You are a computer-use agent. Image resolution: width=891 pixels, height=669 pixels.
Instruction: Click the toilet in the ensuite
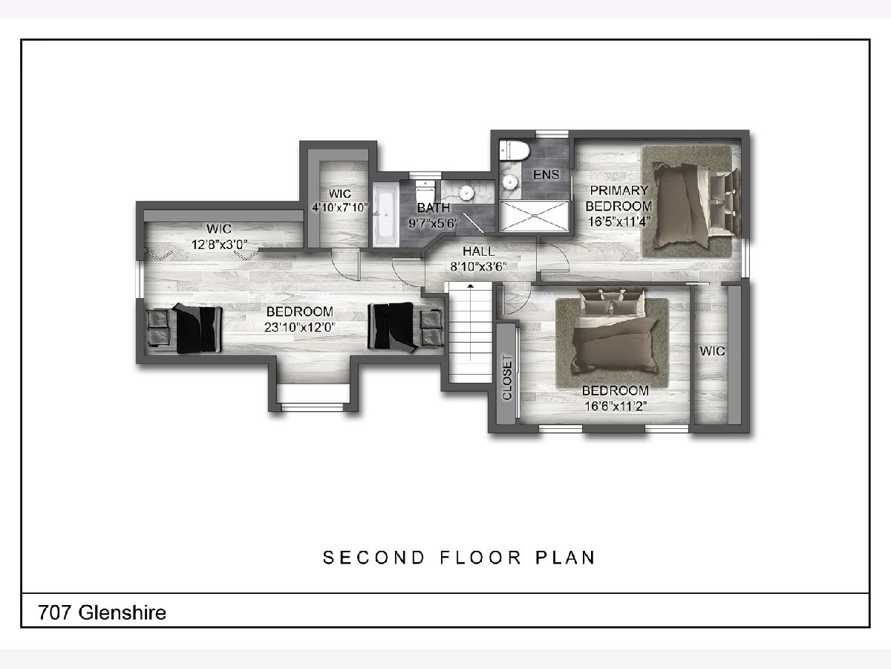click(515, 151)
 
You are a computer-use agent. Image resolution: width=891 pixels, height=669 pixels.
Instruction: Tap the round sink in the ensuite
click(509, 181)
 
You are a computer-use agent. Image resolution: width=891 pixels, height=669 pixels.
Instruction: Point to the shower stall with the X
click(534, 216)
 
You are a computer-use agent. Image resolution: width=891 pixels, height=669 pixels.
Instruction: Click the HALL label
click(479, 251)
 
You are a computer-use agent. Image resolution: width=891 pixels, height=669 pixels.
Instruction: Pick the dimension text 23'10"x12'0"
click(299, 327)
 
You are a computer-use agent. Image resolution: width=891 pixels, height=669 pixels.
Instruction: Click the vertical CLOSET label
click(507, 378)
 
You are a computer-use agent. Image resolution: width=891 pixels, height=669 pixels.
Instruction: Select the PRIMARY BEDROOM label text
click(619, 198)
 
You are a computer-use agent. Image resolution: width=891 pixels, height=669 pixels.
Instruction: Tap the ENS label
click(546, 175)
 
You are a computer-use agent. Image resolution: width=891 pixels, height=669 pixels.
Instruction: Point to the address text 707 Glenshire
click(102, 613)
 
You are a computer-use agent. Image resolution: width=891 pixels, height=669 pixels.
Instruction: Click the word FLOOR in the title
click(480, 557)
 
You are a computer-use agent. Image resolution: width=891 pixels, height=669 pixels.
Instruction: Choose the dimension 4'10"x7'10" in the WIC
click(340, 207)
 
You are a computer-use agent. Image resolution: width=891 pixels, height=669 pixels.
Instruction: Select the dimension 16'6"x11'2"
click(616, 406)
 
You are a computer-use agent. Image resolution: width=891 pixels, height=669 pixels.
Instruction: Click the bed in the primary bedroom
click(694, 203)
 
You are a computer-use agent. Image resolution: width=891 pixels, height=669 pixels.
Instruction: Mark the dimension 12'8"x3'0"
click(219, 245)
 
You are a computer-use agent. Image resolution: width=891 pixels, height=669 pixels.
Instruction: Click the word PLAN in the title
click(566, 557)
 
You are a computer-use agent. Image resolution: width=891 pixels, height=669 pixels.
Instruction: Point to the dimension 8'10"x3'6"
click(479, 266)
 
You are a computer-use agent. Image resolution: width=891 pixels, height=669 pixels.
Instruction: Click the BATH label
click(434, 208)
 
